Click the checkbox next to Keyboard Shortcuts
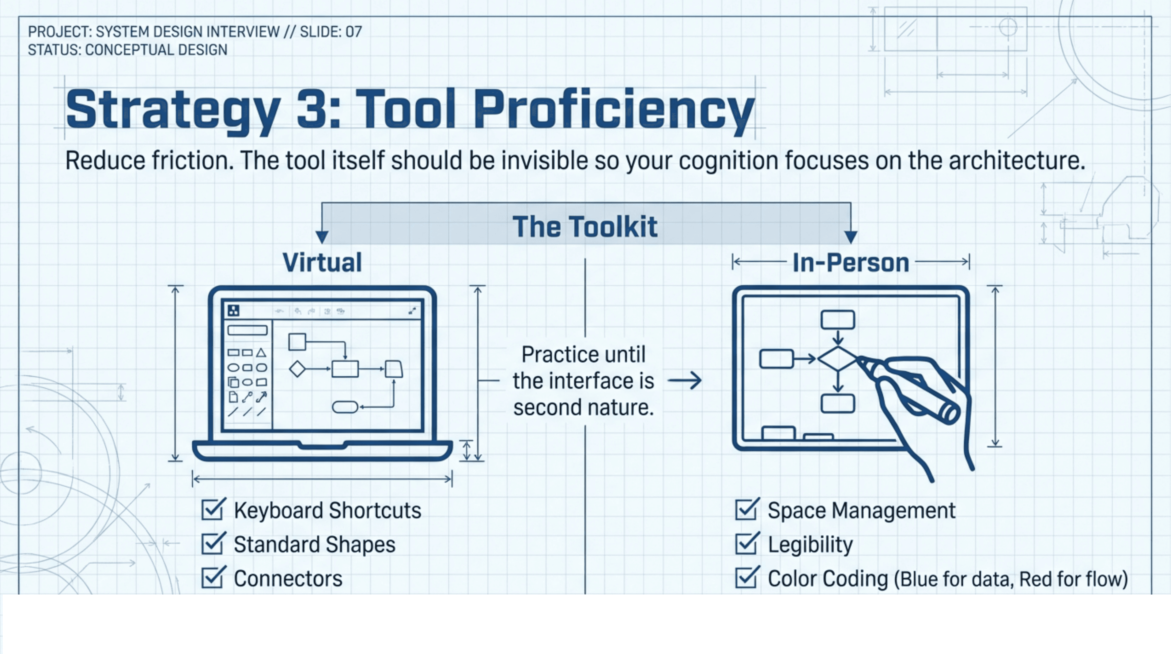(x=212, y=510)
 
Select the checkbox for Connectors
(x=212, y=578)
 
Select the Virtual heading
(x=322, y=262)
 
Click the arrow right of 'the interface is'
(x=685, y=380)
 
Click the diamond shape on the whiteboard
(x=838, y=359)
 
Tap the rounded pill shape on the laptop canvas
(x=345, y=407)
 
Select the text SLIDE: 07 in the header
(x=331, y=32)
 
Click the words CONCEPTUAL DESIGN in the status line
(x=156, y=50)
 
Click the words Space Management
(x=861, y=510)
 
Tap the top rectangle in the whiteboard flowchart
(x=838, y=320)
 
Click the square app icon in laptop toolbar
(x=233, y=310)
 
